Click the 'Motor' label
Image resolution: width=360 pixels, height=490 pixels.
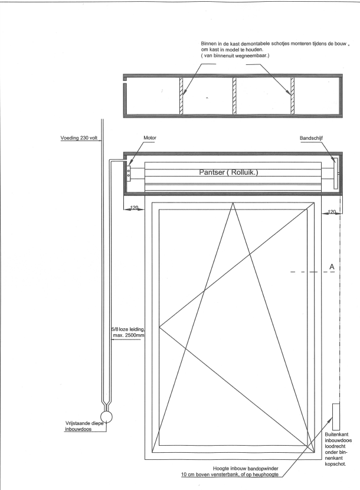(x=150, y=138)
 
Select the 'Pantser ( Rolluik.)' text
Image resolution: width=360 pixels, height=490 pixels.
(x=229, y=172)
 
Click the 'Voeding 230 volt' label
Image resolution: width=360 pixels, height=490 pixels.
(x=79, y=138)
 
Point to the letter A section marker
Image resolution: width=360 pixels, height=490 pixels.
(x=332, y=267)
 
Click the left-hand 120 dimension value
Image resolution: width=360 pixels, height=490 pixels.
(x=134, y=207)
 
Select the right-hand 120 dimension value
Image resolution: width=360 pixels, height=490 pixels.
(x=332, y=212)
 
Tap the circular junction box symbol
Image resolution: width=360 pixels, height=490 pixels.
(x=106, y=417)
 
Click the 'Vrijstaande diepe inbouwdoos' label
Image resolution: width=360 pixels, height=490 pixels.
(x=84, y=426)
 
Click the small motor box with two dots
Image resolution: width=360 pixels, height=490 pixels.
(x=129, y=173)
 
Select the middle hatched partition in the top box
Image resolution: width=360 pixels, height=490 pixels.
(x=234, y=96)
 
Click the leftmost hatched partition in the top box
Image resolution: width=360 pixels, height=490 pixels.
(x=181, y=96)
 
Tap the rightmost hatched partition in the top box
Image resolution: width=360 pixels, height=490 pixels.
(x=293, y=96)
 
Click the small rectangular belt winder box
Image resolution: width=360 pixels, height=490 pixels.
(x=336, y=417)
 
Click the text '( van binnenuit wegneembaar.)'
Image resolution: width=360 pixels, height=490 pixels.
(x=235, y=55)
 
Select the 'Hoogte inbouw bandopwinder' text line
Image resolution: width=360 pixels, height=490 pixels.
(x=246, y=469)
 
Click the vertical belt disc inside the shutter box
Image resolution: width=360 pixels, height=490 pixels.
(x=336, y=173)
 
